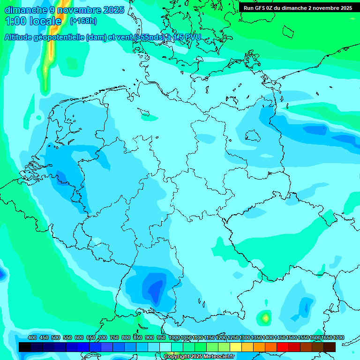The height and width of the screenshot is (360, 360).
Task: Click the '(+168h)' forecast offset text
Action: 83,21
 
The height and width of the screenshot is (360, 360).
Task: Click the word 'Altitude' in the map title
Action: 22,37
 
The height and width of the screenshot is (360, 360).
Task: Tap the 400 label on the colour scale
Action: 32,337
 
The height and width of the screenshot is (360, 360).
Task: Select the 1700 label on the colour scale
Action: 338,337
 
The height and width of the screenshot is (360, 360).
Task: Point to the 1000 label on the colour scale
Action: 174,337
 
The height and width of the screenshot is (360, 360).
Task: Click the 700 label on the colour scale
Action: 103,337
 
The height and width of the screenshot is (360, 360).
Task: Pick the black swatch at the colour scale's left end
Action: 25,347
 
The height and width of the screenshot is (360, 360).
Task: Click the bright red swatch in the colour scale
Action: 283,347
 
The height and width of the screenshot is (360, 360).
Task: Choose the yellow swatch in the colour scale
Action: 236,347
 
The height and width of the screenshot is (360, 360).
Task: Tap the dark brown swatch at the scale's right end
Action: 330,347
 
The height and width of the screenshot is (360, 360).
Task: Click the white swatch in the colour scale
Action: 165,347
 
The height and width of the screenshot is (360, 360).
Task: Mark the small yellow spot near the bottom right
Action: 266,318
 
